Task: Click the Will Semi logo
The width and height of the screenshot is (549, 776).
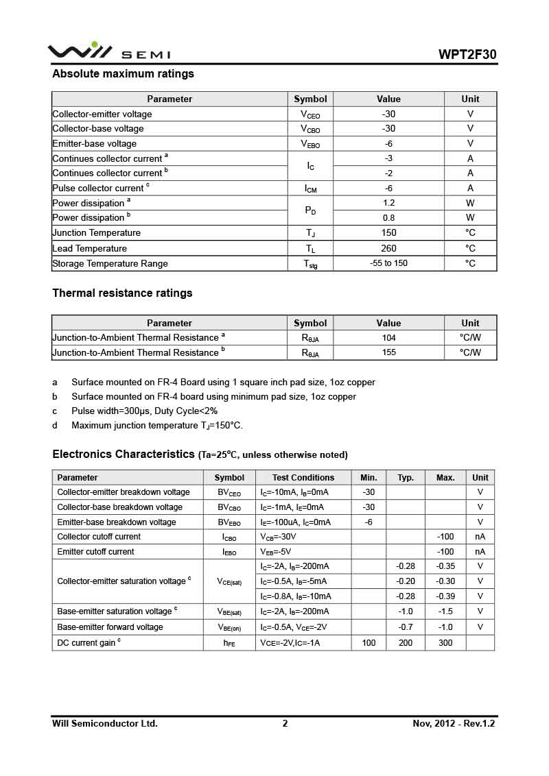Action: (108, 52)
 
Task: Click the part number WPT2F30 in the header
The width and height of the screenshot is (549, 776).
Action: (467, 55)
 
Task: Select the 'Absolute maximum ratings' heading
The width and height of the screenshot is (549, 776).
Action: (123, 74)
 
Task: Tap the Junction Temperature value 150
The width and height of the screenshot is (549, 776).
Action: (388, 233)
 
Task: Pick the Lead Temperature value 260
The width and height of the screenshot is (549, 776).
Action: (388, 248)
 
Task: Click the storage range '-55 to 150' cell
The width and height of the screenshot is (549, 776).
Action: (388, 263)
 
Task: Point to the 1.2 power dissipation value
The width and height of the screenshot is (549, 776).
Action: (388, 203)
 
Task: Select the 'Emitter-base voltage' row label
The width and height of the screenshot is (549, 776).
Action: (95, 144)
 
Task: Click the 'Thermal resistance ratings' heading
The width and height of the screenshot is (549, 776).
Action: (122, 293)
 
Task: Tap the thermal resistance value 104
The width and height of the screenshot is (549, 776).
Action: (388, 338)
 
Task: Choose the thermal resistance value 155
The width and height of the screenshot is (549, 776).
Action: (388, 353)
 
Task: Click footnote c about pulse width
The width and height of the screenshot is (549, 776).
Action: (144, 411)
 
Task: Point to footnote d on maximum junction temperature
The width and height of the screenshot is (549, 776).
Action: (156, 426)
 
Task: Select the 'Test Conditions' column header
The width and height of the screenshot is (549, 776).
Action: (303, 478)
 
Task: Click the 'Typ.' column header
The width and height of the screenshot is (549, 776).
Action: (406, 478)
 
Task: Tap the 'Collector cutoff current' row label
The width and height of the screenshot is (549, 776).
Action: (99, 537)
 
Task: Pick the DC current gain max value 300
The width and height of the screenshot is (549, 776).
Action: (445, 643)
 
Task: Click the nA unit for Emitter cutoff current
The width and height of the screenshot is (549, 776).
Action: (480, 552)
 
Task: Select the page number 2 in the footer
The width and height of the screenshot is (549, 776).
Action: (285, 724)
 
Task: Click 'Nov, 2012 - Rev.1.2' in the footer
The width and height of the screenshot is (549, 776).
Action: (454, 724)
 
